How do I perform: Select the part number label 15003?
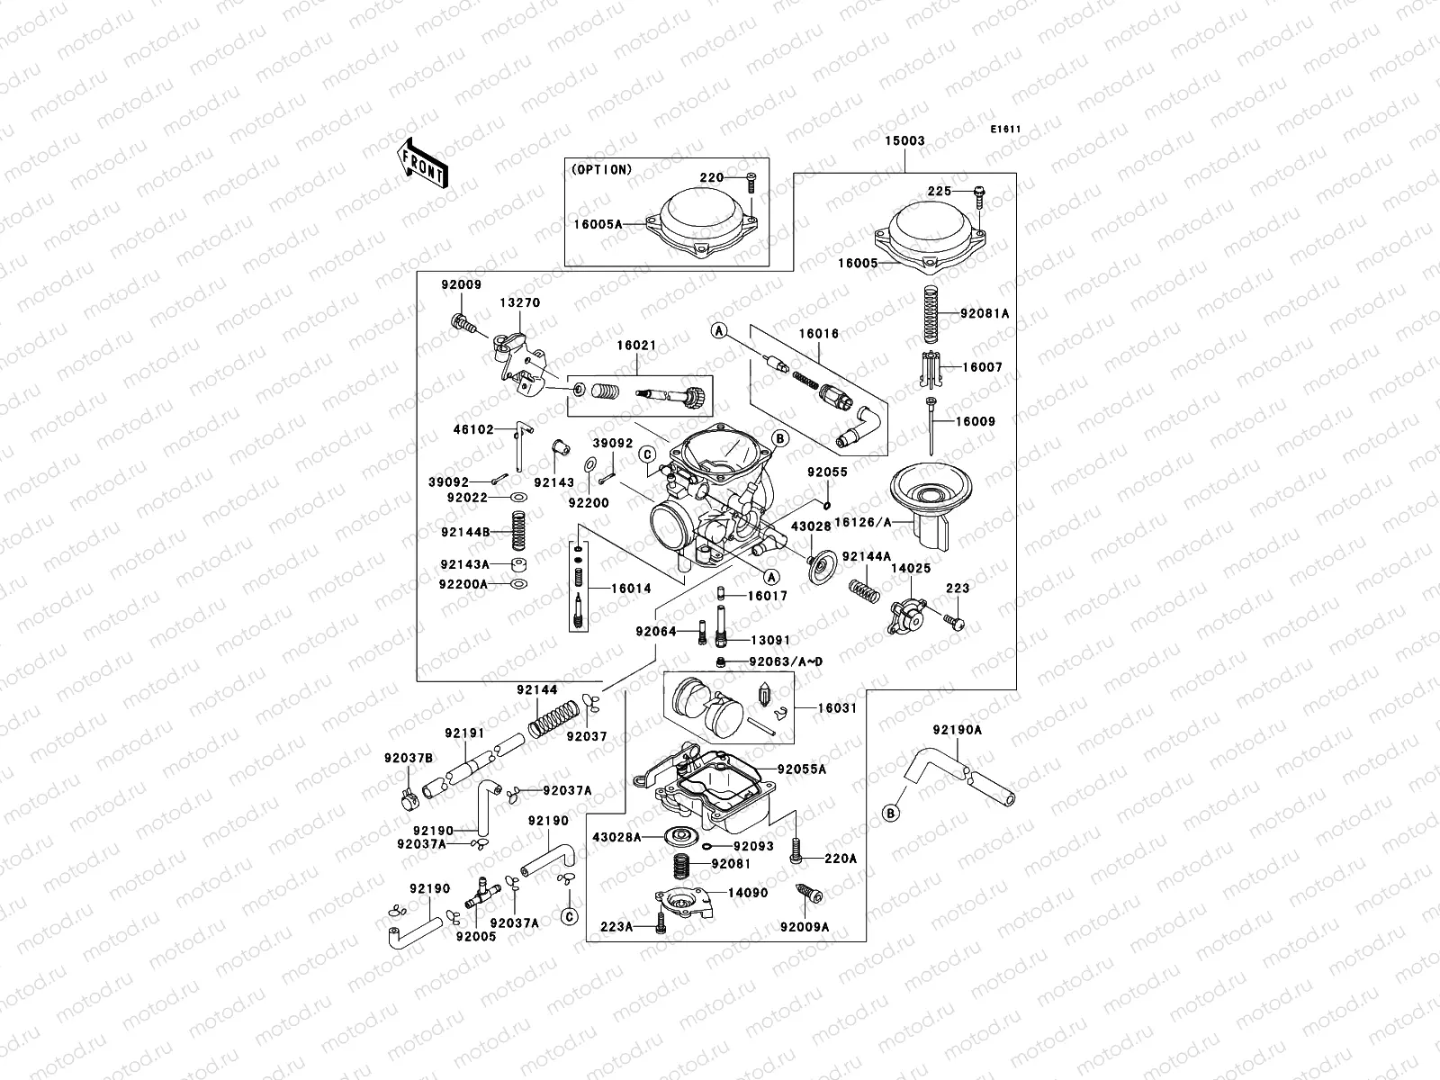coord(904,141)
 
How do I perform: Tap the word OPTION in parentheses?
coord(601,169)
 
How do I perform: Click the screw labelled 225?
coord(978,193)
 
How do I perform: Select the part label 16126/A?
coord(860,520)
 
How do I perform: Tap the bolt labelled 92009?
coord(461,321)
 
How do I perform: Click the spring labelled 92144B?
coord(518,530)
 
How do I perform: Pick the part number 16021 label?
coord(636,345)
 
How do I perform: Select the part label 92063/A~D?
coord(786,661)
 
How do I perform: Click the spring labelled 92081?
coord(688,868)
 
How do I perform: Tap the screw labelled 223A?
coord(661,923)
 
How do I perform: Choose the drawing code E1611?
coord(1005,130)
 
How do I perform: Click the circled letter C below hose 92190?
coord(568,917)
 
